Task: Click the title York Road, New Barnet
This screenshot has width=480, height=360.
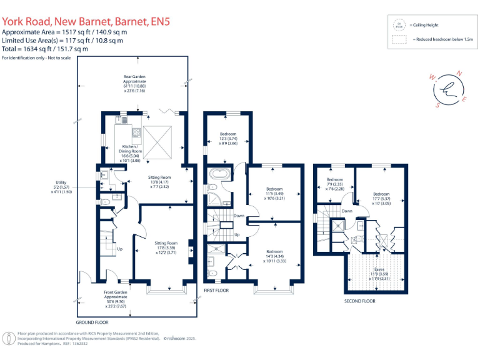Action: tap(85, 22)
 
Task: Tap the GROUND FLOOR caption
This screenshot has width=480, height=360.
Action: tap(92, 322)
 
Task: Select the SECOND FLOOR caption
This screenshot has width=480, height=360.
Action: tap(359, 301)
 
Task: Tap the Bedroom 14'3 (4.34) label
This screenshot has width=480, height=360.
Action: tap(275, 256)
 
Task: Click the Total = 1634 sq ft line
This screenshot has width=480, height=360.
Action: tap(45, 48)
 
